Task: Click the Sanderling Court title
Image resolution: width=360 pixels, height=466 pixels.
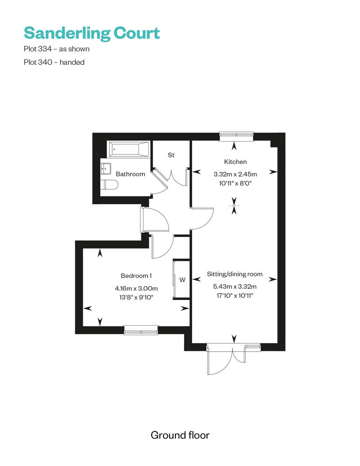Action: (92, 33)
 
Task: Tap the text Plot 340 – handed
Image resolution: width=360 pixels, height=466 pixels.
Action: (54, 63)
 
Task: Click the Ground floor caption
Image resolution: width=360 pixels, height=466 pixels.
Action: (180, 435)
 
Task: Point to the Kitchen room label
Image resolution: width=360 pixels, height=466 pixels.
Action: (235, 161)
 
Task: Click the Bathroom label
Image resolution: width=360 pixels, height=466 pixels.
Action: (130, 174)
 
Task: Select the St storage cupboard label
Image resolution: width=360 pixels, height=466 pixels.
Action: (171, 155)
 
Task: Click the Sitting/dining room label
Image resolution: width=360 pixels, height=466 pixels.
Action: (234, 273)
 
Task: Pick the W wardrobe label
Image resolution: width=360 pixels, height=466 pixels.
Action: (182, 279)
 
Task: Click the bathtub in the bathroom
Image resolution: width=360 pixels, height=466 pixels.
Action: (129, 149)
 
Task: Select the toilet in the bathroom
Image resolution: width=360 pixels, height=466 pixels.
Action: (109, 184)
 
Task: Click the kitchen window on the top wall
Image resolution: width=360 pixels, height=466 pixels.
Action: (236, 134)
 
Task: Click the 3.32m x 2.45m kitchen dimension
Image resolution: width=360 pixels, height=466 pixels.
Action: (235, 174)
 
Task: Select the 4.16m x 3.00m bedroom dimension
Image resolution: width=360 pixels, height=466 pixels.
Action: (136, 288)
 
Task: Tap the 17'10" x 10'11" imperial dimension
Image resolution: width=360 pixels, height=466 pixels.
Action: (234, 296)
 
